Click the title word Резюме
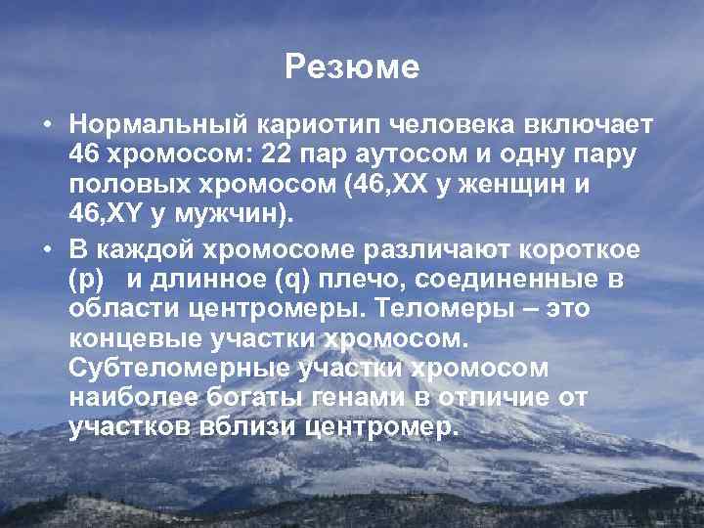coord(352,67)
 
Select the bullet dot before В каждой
coord(47,250)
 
